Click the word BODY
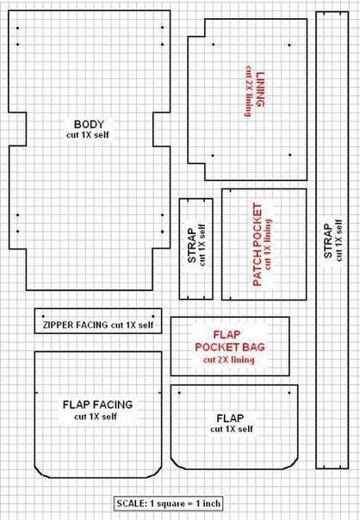[x=89, y=124]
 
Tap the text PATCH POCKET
[x=258, y=245]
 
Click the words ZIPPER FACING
[x=75, y=325]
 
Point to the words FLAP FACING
[x=97, y=405]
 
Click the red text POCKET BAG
[x=230, y=347]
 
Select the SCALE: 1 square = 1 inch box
[x=169, y=504]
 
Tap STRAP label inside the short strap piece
[x=191, y=245]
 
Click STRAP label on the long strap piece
[x=328, y=241]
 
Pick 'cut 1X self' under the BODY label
[x=88, y=135]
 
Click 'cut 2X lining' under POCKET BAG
[x=229, y=360]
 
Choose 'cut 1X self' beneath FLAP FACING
[x=96, y=417]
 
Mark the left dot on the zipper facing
[x=43, y=316]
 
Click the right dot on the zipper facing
[x=153, y=316]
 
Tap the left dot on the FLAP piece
[x=179, y=393]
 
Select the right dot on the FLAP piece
[x=289, y=393]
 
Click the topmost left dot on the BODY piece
[x=17, y=28]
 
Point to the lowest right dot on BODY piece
[x=162, y=232]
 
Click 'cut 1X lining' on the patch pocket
[x=268, y=244]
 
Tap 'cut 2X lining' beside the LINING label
[x=248, y=91]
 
